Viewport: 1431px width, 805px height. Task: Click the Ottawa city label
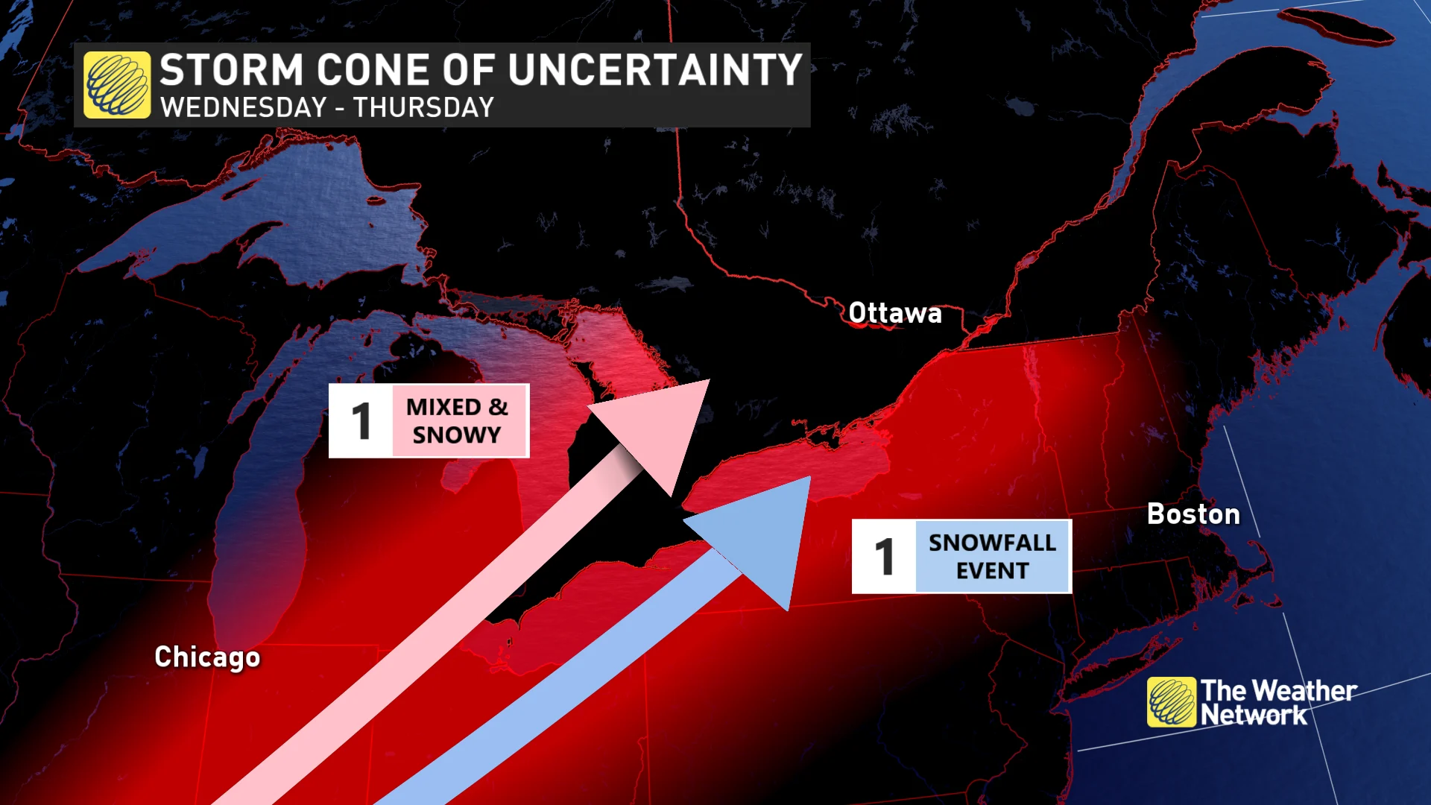pyautogui.click(x=894, y=314)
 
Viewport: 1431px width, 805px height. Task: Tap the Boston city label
pyautogui.click(x=1193, y=514)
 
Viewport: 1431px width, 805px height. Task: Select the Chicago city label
pyautogui.click(x=207, y=657)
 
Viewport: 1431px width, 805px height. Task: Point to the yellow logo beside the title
pyautogui.click(x=117, y=85)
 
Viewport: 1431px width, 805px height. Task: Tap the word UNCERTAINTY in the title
pyautogui.click(x=655, y=71)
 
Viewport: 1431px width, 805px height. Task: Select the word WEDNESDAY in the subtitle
pyautogui.click(x=244, y=108)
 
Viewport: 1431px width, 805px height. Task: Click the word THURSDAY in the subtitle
pyautogui.click(x=423, y=108)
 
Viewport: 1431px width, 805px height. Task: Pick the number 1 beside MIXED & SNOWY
pyautogui.click(x=361, y=421)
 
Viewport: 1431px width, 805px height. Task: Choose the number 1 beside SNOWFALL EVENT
pyautogui.click(x=885, y=557)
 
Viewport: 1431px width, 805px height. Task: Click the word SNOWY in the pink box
pyautogui.click(x=457, y=435)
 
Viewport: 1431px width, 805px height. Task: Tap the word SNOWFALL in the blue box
pyautogui.click(x=992, y=543)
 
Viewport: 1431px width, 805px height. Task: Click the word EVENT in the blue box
pyautogui.click(x=992, y=571)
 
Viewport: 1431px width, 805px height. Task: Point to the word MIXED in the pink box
pyautogui.click(x=443, y=408)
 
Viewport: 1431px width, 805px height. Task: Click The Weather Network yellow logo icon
pyautogui.click(x=1172, y=702)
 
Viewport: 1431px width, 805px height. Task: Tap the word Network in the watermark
pyautogui.click(x=1254, y=716)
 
